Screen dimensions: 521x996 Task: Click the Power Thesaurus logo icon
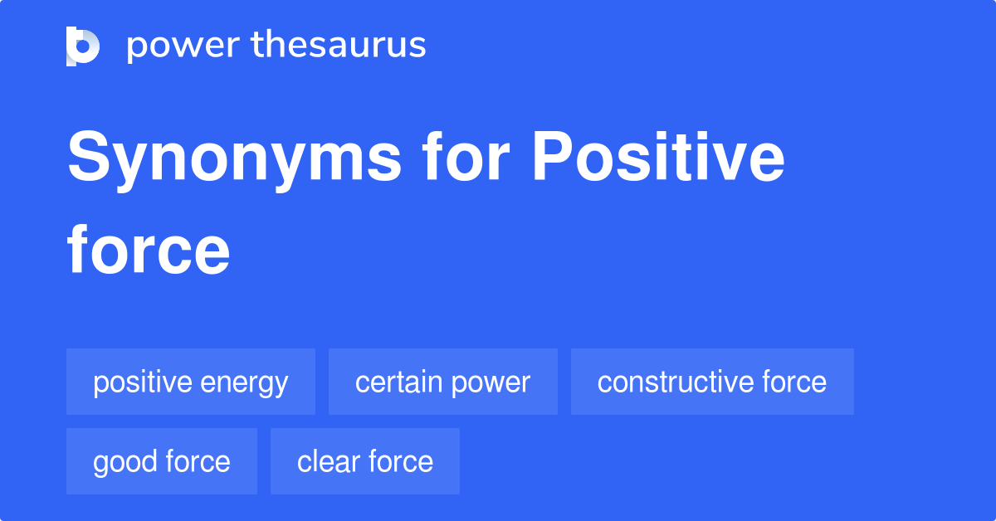[x=83, y=46]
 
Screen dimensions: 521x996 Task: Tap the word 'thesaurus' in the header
[x=339, y=46]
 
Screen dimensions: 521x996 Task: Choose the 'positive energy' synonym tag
[x=191, y=382]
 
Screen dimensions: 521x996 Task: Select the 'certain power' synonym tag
[x=442, y=382]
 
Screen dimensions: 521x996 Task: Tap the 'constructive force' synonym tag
[x=711, y=382]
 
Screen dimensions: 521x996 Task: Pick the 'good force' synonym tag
[x=162, y=461]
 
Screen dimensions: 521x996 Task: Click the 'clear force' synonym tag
[x=365, y=461]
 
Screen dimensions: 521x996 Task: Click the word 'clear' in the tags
[x=325, y=461]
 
